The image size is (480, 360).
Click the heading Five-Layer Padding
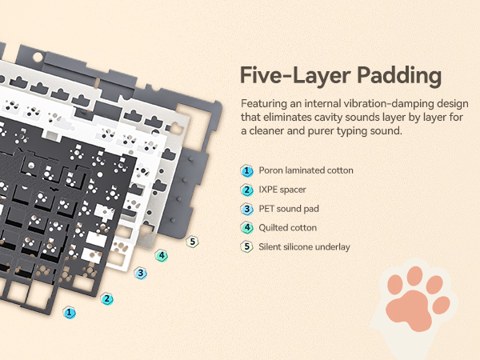(341, 75)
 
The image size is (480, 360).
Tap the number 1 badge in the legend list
(246, 171)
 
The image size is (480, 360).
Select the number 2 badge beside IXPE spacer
(246, 190)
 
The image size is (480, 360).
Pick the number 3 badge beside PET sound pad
(246, 209)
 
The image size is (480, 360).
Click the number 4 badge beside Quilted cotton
(246, 228)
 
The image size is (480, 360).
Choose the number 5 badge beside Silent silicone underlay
(246, 247)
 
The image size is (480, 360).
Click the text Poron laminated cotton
(306, 170)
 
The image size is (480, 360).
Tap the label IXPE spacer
(282, 190)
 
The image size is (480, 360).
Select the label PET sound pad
(289, 209)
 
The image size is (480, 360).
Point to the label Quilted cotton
(287, 228)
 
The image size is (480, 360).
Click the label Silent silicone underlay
(304, 246)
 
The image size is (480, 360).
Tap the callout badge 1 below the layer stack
(70, 313)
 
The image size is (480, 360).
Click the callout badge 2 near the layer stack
(107, 298)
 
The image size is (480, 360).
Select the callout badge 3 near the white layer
(141, 273)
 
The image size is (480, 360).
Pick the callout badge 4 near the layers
(162, 256)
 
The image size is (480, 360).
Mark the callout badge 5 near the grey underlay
(192, 242)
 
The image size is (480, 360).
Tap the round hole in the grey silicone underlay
(38, 57)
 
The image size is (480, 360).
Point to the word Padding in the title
(399, 76)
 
